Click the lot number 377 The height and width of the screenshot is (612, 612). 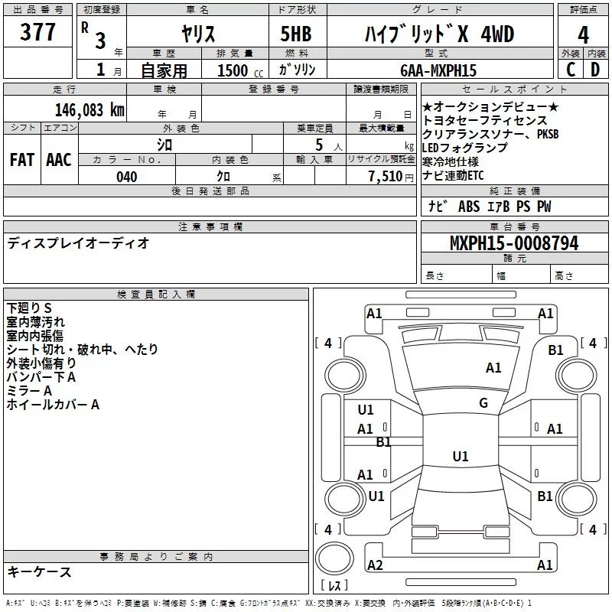coord(38,33)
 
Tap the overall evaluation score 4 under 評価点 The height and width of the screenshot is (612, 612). coord(584,34)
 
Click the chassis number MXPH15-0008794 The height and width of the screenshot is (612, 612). coord(513,244)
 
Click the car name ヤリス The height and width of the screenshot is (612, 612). coord(197,34)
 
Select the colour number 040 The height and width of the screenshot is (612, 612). coord(127,177)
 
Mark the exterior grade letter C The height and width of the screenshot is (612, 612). coord(571,70)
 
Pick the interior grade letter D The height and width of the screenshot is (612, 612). coord(595,70)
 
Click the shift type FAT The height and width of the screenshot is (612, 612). coord(21,160)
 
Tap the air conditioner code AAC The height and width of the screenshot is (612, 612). coord(58,160)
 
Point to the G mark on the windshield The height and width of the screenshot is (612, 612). coord(483,403)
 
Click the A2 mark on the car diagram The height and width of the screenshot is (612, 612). coord(375,565)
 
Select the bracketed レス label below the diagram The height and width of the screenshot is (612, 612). coord(334,587)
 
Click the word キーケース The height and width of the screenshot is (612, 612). coord(39,572)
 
